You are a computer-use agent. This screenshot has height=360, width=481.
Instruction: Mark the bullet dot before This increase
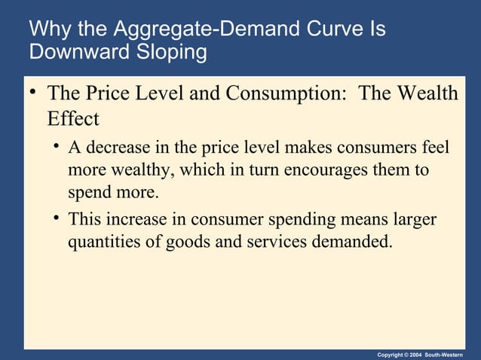tap(57, 219)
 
